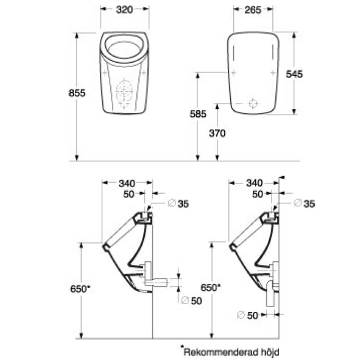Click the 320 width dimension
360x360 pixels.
124,10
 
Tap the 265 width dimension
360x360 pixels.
253,10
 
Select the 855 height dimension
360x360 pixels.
77,93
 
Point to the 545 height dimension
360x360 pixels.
294,74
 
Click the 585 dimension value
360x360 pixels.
198,114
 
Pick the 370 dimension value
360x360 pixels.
217,133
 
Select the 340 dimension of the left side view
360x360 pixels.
127,183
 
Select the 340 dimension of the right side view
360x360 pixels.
254,183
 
